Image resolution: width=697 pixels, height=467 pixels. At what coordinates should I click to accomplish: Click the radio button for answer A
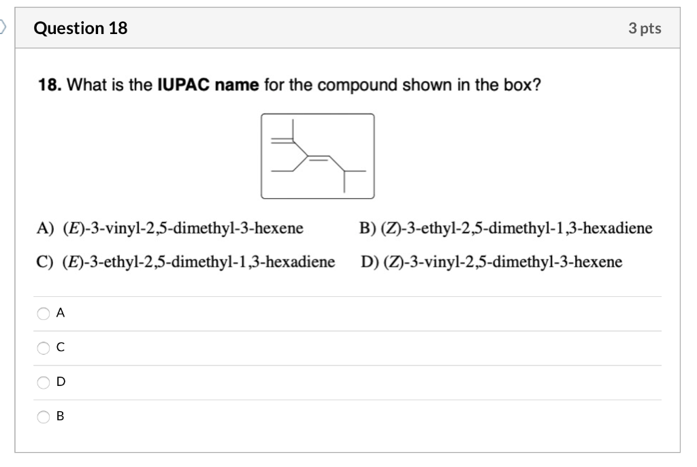44,313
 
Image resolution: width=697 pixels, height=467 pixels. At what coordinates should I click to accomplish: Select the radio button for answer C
44,348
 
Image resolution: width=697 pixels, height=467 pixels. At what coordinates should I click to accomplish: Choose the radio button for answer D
44,382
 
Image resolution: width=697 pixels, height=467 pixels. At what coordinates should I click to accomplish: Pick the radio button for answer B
44,416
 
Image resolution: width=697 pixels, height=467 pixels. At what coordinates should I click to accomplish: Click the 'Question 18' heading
80,28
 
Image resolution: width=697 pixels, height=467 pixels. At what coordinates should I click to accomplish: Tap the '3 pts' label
645,28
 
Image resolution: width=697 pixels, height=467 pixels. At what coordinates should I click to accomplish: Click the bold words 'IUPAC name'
208,86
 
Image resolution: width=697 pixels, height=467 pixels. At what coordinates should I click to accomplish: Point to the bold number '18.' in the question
50,86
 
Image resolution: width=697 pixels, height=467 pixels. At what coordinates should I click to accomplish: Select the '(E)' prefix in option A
70,228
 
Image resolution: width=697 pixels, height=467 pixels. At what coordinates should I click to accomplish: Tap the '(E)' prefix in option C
70,262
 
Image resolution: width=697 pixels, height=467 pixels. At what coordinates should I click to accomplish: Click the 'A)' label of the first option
45,228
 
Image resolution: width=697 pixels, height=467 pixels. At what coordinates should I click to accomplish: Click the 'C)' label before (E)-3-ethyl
45,262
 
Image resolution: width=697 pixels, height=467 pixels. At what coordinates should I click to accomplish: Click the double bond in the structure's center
319,158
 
